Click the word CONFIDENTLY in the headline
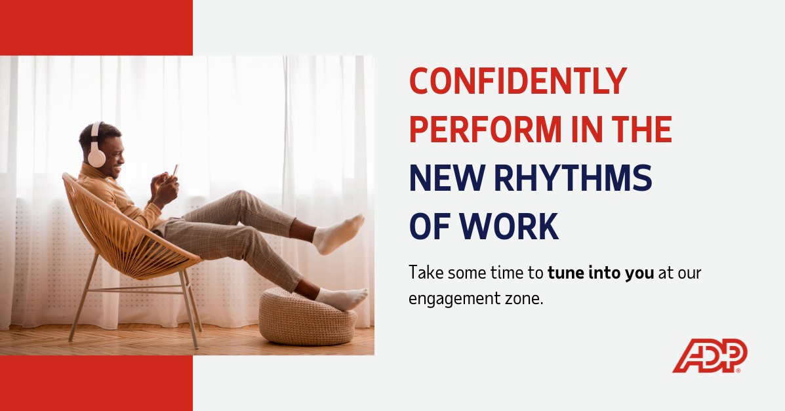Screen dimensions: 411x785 pos(518,82)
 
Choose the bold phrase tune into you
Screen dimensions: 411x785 pos(601,272)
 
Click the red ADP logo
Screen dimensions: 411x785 pos(710,356)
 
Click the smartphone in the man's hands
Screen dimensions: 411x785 pos(174,170)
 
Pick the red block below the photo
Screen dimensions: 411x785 pos(96,383)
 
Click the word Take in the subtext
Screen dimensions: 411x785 pos(422,272)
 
